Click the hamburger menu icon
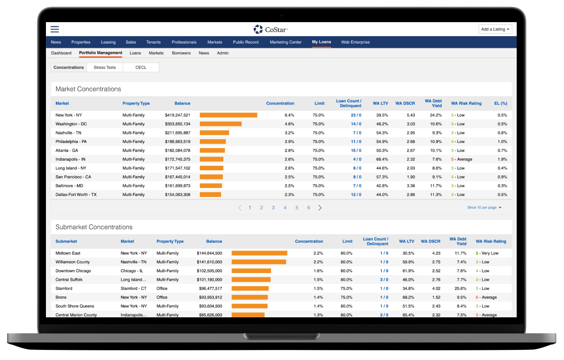[x=55, y=29]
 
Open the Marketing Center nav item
[x=286, y=42]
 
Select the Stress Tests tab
[x=105, y=68]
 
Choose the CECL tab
[x=141, y=68]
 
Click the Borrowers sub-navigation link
[x=181, y=53]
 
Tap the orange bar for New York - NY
[x=228, y=115]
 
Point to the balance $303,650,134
[x=178, y=124]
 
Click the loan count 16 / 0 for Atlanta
[x=356, y=151]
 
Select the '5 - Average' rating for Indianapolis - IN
[x=462, y=159]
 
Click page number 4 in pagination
[x=285, y=208]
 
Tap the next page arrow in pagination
[x=320, y=208]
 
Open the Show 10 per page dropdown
[x=484, y=208]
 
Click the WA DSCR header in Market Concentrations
[x=405, y=103]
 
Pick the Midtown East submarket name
[x=68, y=253]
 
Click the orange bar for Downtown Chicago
[x=251, y=271]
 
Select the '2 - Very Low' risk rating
[x=487, y=253]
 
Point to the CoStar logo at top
[x=270, y=29]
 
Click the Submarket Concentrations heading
[x=94, y=227]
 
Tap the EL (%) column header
[x=500, y=103]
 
